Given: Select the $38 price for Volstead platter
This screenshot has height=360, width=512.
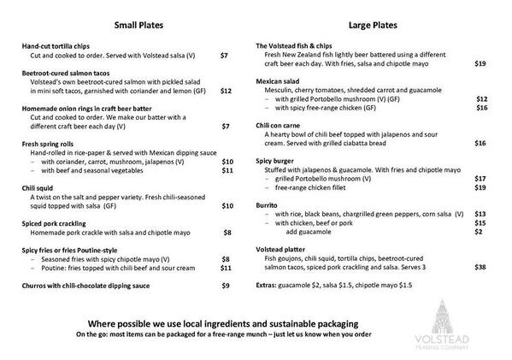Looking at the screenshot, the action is click(480, 268).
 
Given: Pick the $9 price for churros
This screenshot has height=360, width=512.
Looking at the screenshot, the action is click(226, 285).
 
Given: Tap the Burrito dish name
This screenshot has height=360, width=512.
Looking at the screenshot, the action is click(270, 204).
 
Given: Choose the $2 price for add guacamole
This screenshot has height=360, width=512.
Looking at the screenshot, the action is click(480, 231).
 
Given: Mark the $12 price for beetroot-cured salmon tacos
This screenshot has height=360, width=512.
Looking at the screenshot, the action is click(226, 90).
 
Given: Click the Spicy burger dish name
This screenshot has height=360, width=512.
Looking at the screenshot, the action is click(279, 161).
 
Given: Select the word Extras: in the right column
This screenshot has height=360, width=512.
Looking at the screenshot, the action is click(268, 285).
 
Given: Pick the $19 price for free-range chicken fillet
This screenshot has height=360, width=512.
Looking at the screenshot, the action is click(480, 186).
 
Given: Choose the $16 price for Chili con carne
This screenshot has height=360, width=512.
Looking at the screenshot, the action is click(480, 143).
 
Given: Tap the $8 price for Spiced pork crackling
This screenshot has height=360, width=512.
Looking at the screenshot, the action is click(227, 232).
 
